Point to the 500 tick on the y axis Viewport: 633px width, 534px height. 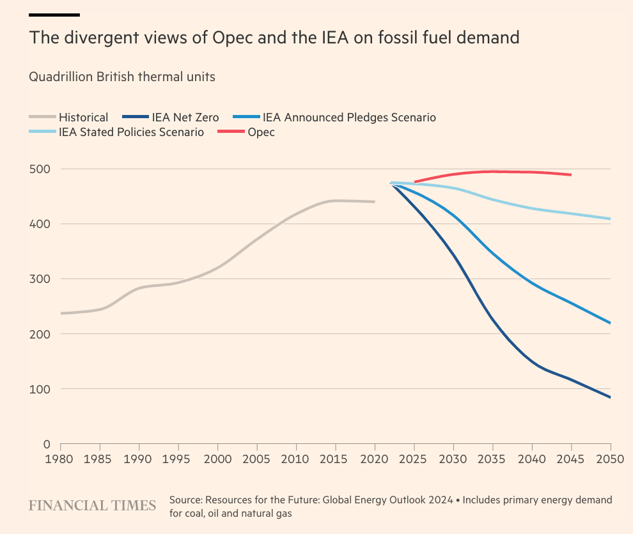point(42,169)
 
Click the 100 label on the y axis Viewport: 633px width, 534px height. point(42,389)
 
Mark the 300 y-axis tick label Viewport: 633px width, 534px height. point(42,279)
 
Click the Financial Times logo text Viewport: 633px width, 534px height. point(93,505)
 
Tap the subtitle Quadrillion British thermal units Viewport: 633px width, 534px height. point(122,77)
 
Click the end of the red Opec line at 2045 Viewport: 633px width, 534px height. point(570,174)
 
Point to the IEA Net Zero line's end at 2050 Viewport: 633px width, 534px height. point(610,397)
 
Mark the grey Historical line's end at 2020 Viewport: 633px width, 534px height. point(374,202)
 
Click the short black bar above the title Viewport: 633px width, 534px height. point(54,14)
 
